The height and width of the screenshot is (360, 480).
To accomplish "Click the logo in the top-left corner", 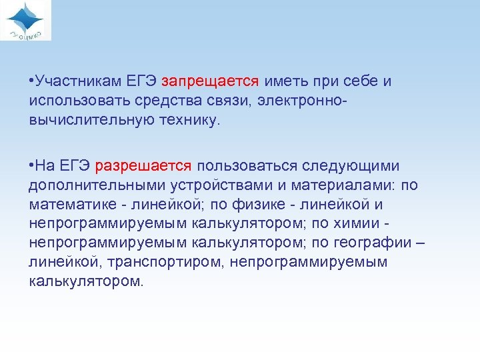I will (x=27, y=20).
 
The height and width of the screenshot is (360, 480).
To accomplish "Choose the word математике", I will (x=71, y=204).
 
